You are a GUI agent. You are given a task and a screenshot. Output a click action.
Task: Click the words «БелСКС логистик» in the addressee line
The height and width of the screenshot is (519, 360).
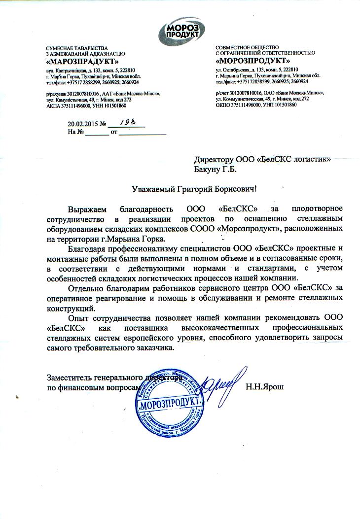[x=293, y=160]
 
